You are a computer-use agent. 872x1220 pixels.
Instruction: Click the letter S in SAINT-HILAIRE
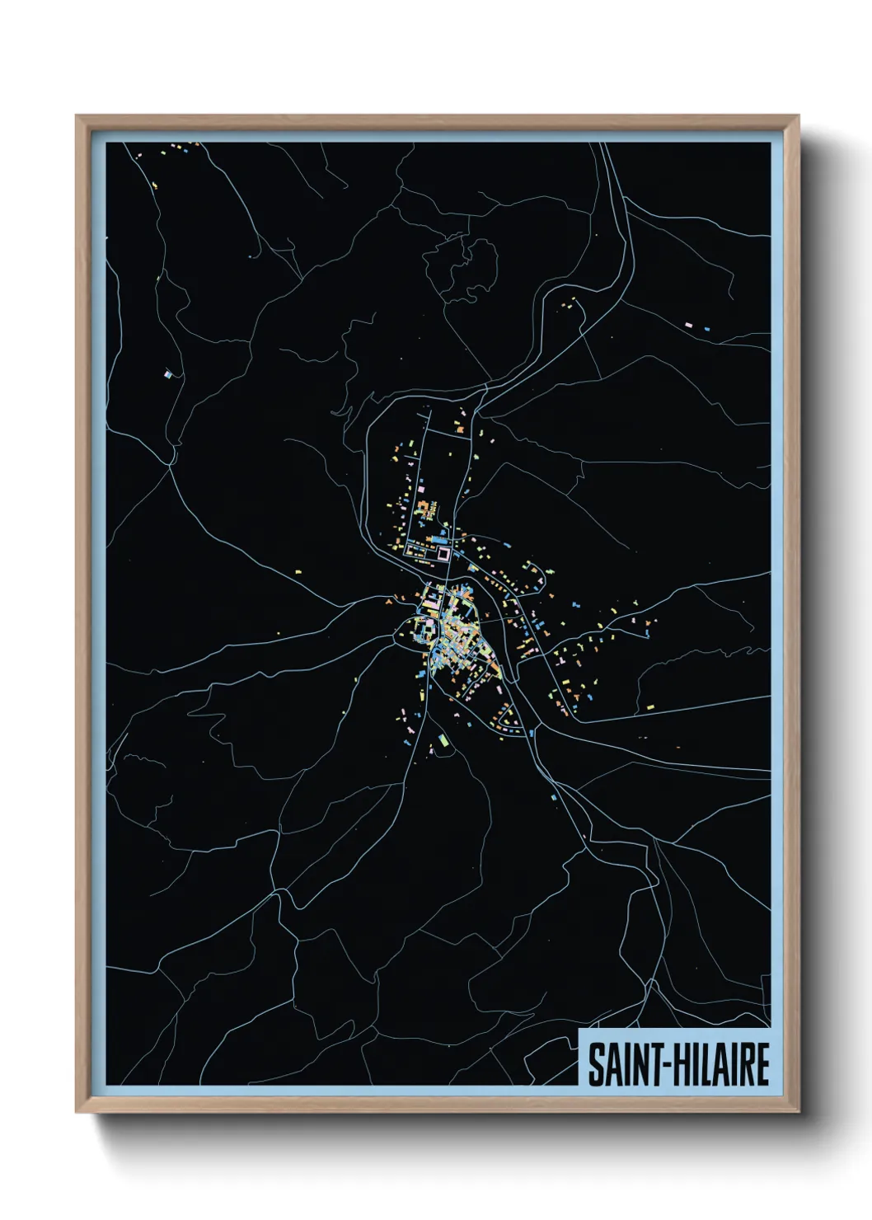point(594,1065)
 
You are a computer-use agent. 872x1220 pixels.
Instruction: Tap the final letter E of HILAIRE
point(762,1065)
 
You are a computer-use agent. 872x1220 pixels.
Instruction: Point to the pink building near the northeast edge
point(689,325)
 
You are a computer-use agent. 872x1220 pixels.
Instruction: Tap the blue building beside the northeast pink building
point(706,329)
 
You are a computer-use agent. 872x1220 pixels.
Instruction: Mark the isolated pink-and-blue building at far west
point(170,373)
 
